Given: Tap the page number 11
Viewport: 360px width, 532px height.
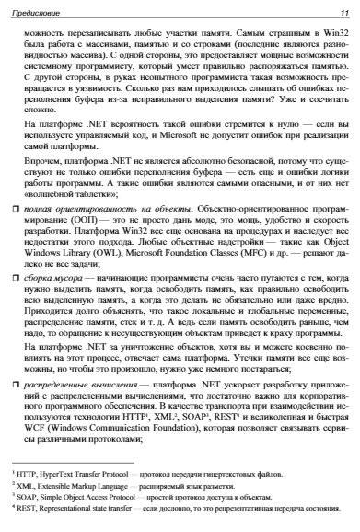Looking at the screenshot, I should point(343,11).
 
